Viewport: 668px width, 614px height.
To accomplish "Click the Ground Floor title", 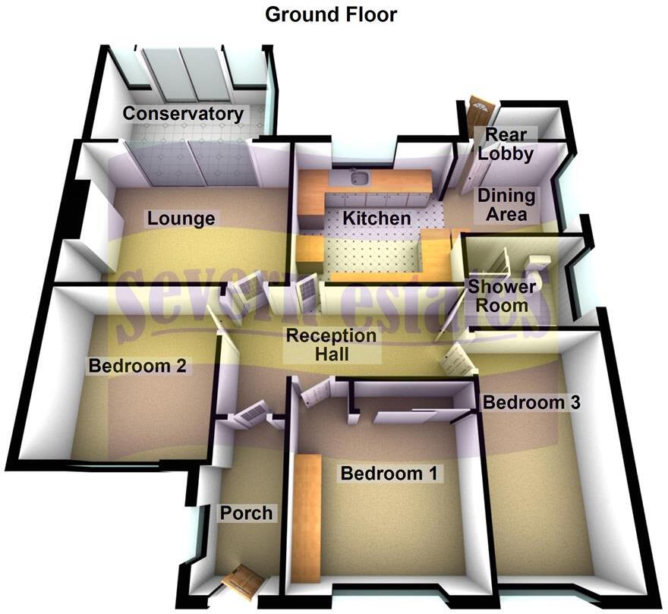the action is (331, 14).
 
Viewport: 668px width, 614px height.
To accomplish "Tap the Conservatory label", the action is (183, 114).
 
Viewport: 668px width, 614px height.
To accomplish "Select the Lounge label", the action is (181, 219).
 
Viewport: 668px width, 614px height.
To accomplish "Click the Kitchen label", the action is (377, 218).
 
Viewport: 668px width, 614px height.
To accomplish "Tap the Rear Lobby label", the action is (506, 144).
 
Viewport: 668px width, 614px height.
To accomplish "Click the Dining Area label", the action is (506, 204).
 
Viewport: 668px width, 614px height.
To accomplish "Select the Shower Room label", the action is (502, 296).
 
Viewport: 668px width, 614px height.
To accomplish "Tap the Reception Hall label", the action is (331, 345).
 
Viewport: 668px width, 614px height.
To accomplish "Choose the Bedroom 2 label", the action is (137, 366).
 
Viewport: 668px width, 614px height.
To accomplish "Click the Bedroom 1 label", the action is (389, 474).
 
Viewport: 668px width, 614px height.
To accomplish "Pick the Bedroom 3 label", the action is (531, 402).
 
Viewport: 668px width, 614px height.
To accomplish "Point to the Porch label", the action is (246, 513).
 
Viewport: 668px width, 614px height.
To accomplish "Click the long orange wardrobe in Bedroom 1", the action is (307, 518).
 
